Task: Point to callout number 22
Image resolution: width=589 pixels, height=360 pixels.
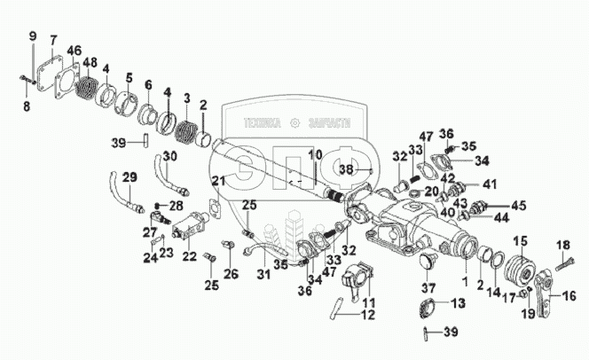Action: click(189, 257)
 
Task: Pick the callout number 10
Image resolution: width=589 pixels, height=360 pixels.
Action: click(313, 156)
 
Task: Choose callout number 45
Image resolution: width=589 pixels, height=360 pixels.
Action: click(518, 205)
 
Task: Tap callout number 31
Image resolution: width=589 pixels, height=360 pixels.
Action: click(263, 271)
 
